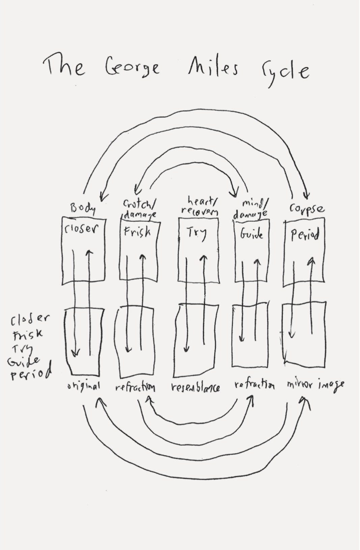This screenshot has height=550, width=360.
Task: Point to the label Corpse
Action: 307,208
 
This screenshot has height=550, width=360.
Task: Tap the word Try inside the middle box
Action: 196,233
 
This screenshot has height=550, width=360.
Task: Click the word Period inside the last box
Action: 305,235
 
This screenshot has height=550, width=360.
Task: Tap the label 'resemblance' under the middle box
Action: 196,387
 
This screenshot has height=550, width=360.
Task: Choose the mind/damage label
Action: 253,209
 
